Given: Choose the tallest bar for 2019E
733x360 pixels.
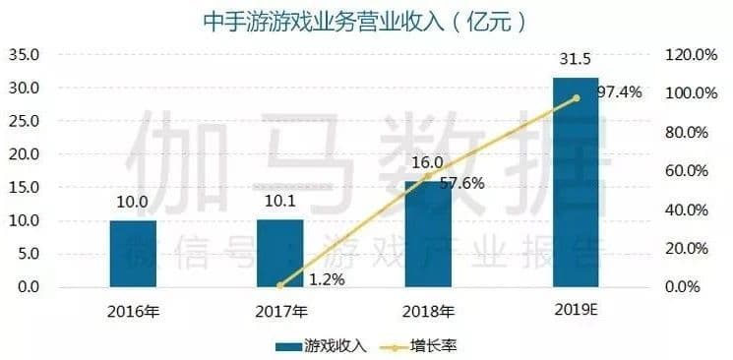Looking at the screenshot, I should [x=575, y=182].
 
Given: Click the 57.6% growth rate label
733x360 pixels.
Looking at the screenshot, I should [x=461, y=183].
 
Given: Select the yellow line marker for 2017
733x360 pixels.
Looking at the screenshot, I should [x=279, y=285].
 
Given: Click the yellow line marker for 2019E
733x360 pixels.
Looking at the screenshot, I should [x=576, y=97].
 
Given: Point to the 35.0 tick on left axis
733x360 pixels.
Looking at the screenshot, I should [x=25, y=54].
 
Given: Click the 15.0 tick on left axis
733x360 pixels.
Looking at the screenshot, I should [x=25, y=187].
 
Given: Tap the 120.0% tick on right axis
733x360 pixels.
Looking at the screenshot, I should [x=686, y=54].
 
